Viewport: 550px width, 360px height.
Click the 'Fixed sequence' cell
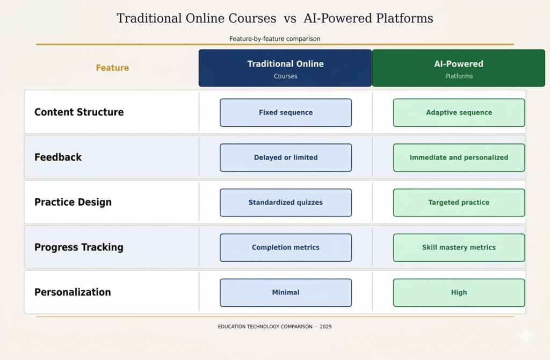point(286,113)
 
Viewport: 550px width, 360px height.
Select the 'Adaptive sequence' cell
point(459,113)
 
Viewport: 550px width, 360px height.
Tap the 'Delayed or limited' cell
point(286,158)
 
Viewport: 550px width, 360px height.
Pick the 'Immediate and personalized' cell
point(459,158)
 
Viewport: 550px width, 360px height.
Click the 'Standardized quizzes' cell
point(286,203)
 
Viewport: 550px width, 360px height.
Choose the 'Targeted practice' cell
point(459,203)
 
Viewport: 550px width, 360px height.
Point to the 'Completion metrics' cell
point(286,248)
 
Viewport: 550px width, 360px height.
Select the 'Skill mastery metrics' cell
point(459,248)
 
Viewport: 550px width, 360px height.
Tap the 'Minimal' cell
point(286,293)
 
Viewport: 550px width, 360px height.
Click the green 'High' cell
point(459,293)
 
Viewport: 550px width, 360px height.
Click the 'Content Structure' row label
point(79,112)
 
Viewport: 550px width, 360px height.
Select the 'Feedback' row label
point(58,157)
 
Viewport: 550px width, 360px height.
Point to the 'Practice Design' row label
point(73,203)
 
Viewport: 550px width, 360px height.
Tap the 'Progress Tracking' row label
point(79,248)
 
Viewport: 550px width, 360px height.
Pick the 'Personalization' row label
point(73,292)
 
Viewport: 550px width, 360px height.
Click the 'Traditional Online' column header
point(285,68)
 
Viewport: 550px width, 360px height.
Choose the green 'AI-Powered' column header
point(459,68)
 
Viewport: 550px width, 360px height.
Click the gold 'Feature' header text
point(112,68)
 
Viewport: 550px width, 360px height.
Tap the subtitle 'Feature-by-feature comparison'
point(274,39)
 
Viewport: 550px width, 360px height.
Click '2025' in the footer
point(325,327)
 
